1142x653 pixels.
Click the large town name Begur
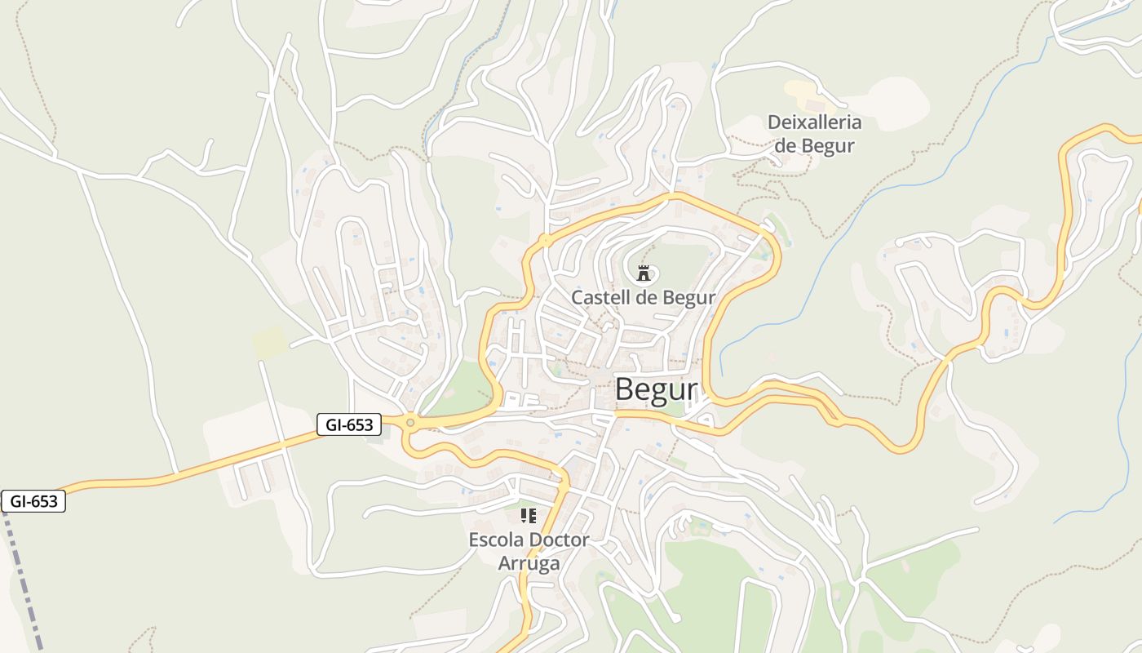click(x=656, y=390)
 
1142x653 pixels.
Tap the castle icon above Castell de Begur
click(x=644, y=273)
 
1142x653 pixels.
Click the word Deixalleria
click(x=814, y=123)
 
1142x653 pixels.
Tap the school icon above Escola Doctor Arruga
click(x=529, y=516)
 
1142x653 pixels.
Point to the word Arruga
click(x=529, y=563)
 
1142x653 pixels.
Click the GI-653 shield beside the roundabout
click(x=349, y=424)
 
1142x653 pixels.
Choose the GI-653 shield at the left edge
click(x=33, y=501)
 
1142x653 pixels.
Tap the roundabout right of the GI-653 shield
click(x=409, y=422)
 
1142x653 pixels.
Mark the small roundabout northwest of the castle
click(x=544, y=240)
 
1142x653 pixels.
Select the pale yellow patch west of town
click(x=268, y=342)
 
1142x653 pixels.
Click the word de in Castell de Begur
click(x=645, y=298)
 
